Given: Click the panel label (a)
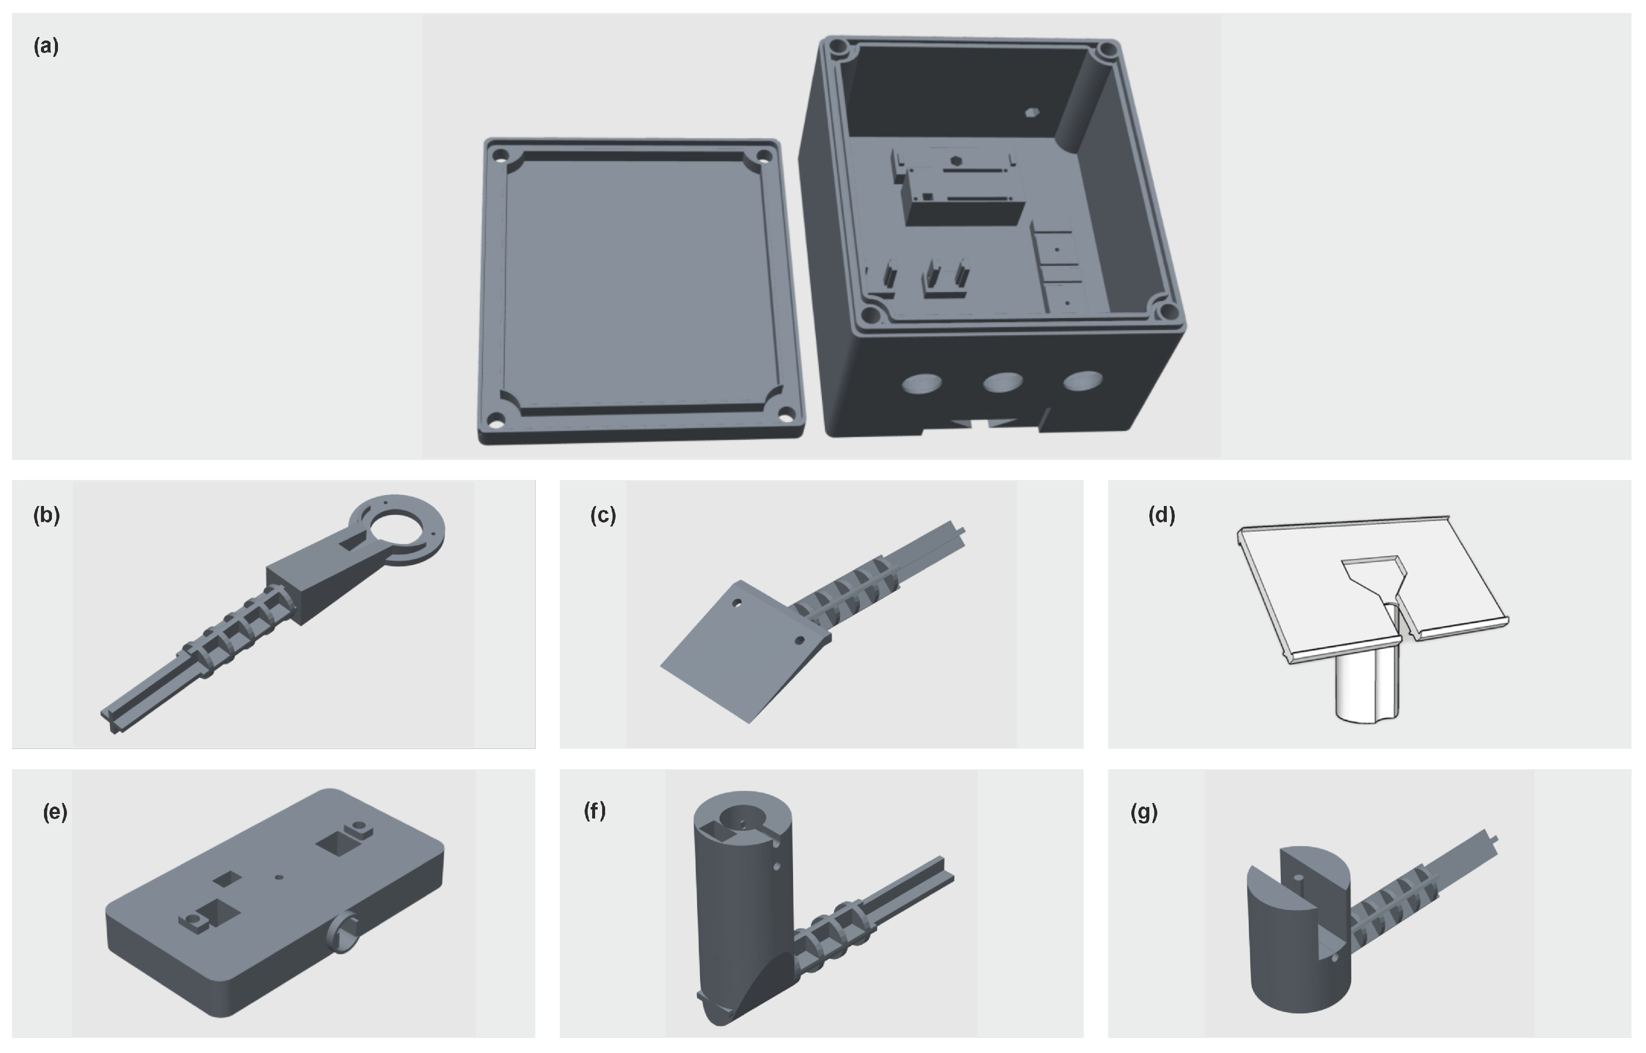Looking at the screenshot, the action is pyautogui.click(x=46, y=46).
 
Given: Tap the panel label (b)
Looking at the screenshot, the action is pyautogui.click(x=46, y=515).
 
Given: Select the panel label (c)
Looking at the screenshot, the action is pyautogui.click(x=603, y=515).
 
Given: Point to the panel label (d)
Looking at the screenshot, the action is pyautogui.click(x=1161, y=515).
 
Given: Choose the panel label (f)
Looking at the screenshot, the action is pyautogui.click(x=594, y=810).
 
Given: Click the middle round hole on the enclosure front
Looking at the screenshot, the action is pyautogui.click(x=1003, y=381).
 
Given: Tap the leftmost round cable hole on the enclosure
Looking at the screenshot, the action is pyautogui.click(x=922, y=383).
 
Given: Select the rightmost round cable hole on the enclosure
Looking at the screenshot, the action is pyautogui.click(x=1083, y=380).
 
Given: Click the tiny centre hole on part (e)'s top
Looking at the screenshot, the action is pyautogui.click(x=278, y=876).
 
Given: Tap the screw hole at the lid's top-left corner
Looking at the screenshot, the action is pyautogui.click(x=500, y=154).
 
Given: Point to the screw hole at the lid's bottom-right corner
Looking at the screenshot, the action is pyautogui.click(x=787, y=413).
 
